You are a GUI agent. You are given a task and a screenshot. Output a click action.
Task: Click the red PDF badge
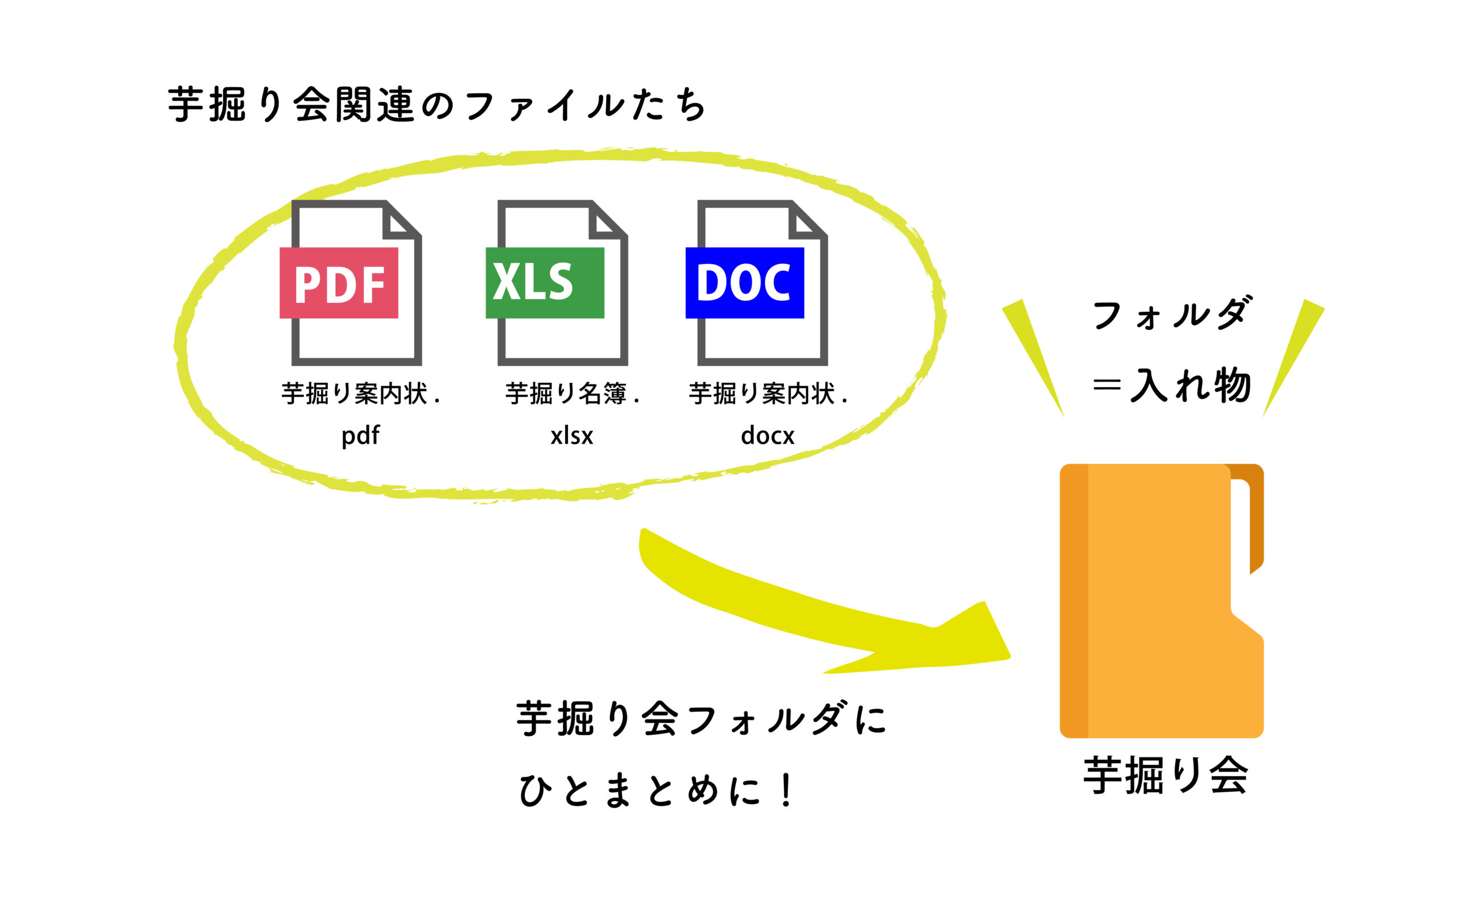(339, 283)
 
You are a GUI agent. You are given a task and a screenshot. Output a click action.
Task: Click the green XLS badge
(544, 283)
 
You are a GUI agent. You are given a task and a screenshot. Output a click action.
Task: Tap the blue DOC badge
(744, 283)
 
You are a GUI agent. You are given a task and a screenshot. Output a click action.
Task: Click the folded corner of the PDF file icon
(398, 222)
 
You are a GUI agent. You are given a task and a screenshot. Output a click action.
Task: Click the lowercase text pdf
(360, 435)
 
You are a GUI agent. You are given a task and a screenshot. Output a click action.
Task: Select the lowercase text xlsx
(571, 435)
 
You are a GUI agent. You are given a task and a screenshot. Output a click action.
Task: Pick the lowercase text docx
(767, 435)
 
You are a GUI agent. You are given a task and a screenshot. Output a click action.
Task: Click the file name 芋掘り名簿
(566, 394)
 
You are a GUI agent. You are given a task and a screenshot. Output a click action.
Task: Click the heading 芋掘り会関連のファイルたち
(437, 105)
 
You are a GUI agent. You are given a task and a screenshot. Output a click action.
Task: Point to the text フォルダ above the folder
(1171, 314)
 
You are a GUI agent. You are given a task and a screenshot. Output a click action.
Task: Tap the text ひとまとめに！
(656, 790)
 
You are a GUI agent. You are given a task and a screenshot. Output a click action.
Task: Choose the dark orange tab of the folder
(1256, 518)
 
